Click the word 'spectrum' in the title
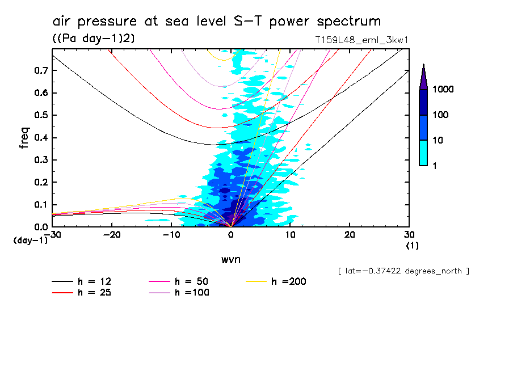[347, 22]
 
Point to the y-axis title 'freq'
[24, 138]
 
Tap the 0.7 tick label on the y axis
[40, 70]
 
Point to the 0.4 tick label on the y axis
[40, 137]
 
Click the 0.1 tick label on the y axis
[40, 204]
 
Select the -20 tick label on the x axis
[112, 235]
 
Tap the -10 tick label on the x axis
[171, 235]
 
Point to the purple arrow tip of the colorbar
[423, 74]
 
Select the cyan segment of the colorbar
[423, 153]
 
